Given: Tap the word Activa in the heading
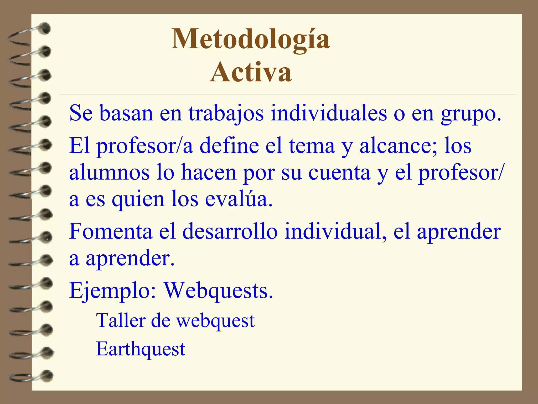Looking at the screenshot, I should tap(251, 72).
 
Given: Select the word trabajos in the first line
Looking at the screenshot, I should tap(226, 113).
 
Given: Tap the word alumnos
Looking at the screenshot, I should tap(109, 173).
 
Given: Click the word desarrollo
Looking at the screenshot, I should tap(230, 231).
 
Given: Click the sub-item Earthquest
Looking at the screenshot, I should tap(141, 349).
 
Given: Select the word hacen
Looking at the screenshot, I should tap(209, 173).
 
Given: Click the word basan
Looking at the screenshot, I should tap(126, 113).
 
